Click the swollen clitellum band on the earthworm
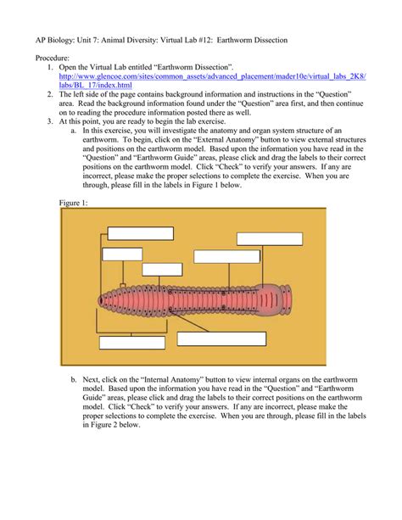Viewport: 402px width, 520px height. click(x=269, y=299)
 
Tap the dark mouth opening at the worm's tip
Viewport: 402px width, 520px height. click(x=100, y=300)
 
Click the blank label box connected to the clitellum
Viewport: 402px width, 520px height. click(x=270, y=238)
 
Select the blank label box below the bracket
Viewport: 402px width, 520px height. click(x=132, y=343)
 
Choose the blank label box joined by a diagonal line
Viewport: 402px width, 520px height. click(x=221, y=339)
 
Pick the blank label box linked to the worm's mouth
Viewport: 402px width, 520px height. click(x=140, y=233)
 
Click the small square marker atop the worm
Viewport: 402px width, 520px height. click(x=123, y=285)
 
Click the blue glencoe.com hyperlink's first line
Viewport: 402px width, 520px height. click(x=213, y=76)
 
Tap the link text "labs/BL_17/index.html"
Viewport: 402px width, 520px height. click(x=96, y=85)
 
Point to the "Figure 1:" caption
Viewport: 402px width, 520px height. click(x=73, y=203)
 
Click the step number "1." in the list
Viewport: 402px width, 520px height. click(x=50, y=67)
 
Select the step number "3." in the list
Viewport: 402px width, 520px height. click(x=50, y=121)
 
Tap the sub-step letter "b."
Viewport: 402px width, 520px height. click(x=74, y=379)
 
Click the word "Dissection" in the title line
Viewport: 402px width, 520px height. click(x=271, y=40)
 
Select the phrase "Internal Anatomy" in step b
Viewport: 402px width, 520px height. click(x=172, y=379)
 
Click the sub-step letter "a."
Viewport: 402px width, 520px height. click(x=74, y=131)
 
